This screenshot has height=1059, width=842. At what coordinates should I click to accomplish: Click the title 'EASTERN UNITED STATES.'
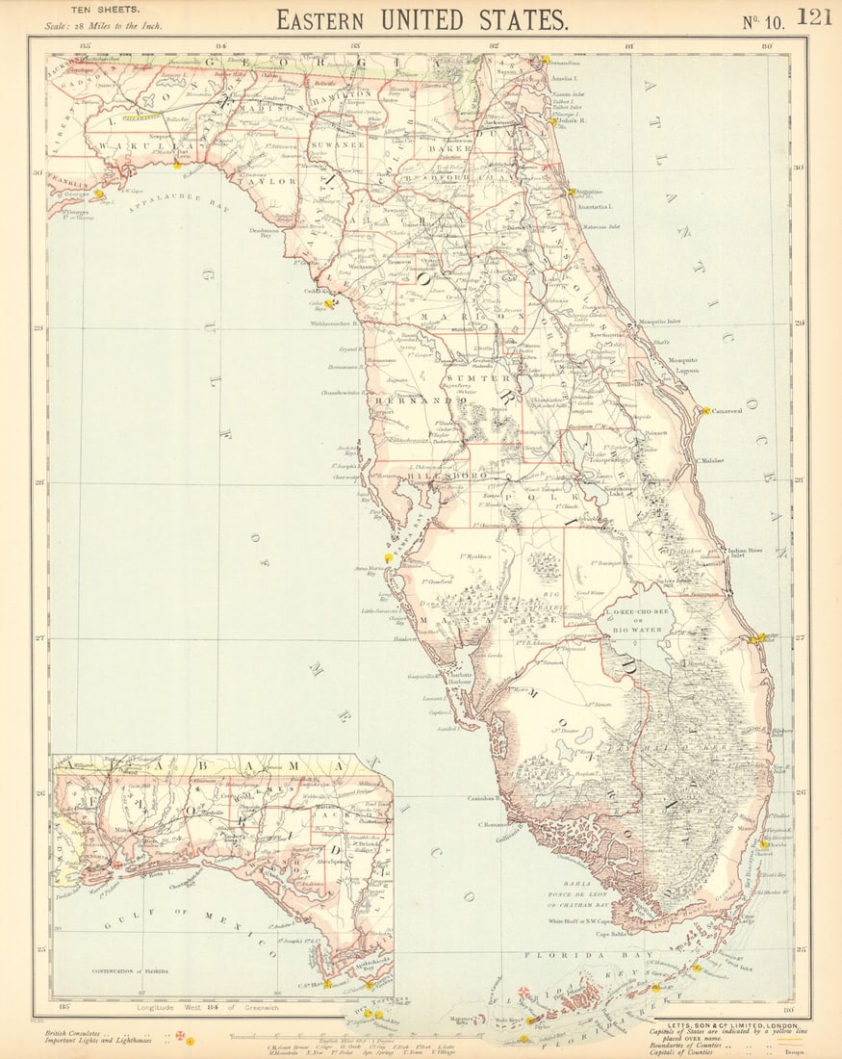coord(421,19)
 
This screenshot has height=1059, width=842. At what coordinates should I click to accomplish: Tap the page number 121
coord(813,17)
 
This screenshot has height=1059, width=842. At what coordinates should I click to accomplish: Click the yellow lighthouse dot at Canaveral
coord(704,411)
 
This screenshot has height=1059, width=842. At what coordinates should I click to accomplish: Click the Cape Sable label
coord(617,933)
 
